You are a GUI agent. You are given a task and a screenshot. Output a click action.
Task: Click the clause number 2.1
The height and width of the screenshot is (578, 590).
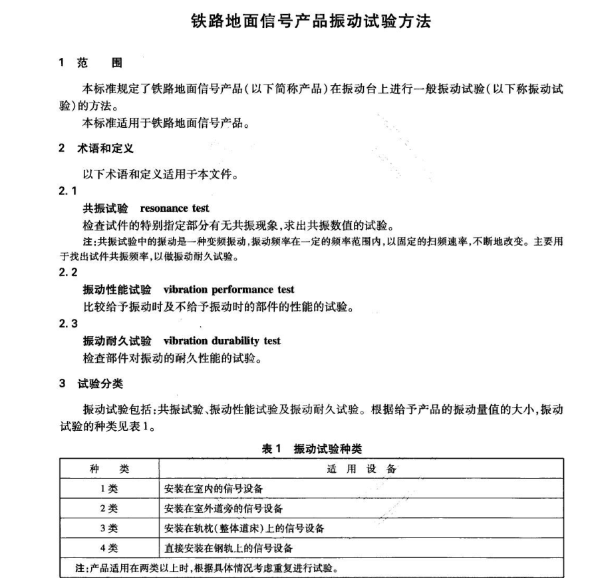pos(69,192)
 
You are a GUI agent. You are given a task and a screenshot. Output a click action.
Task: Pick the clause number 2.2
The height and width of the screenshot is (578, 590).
pos(69,272)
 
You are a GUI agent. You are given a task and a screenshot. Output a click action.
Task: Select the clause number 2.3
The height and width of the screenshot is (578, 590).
pos(69,324)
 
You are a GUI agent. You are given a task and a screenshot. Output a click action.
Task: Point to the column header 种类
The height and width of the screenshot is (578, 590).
pos(109,469)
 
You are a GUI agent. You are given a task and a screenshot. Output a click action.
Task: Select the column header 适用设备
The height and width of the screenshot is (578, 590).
pos(362,469)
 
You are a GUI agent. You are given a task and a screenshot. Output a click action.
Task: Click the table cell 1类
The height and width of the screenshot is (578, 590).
pos(109,489)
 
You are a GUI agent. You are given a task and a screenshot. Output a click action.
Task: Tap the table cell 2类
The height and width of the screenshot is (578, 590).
pos(109,509)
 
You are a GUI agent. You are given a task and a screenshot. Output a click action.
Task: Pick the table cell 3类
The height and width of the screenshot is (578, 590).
pos(109,529)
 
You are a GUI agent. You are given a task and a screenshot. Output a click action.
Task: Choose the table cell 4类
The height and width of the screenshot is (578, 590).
pos(109,549)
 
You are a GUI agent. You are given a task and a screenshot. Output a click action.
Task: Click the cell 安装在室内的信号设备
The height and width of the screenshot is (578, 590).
pos(214,489)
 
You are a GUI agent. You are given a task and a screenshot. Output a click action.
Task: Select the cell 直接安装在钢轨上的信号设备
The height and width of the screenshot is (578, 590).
pos(228,549)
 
